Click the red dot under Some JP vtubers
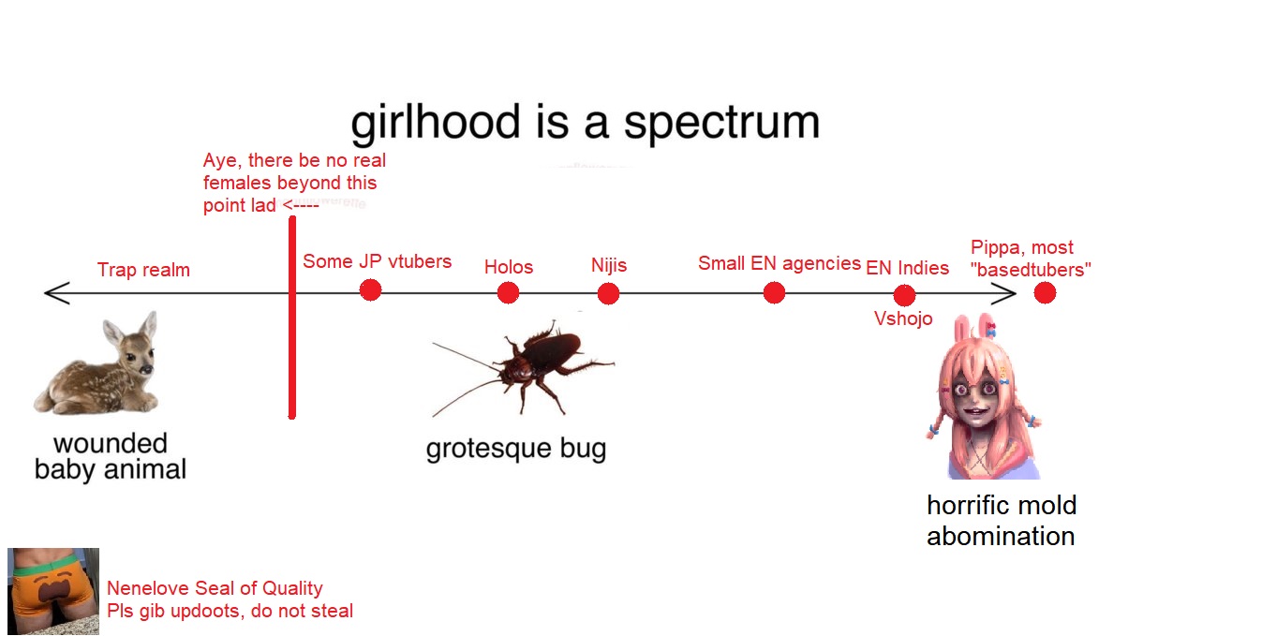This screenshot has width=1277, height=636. click(x=371, y=290)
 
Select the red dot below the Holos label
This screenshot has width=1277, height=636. click(x=508, y=293)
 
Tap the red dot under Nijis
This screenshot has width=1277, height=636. click(x=608, y=294)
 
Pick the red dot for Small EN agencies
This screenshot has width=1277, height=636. click(x=774, y=293)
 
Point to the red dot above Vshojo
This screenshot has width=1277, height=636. click(x=904, y=296)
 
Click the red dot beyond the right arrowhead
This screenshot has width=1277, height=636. click(x=1045, y=293)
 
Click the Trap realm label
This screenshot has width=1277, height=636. click(x=143, y=270)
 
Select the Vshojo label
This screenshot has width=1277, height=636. click(x=903, y=318)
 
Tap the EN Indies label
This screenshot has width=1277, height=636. click(x=908, y=268)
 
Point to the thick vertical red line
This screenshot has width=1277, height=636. click(x=292, y=318)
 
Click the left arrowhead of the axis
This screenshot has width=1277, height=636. click(x=56, y=293)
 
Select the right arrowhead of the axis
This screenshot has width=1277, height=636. click(x=1004, y=294)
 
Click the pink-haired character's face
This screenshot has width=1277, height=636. click(x=976, y=399)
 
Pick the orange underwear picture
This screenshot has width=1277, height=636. click(x=53, y=591)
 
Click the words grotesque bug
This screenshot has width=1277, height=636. click(x=516, y=449)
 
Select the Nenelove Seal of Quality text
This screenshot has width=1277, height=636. click(x=215, y=588)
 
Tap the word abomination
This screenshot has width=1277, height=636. click(x=1001, y=537)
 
